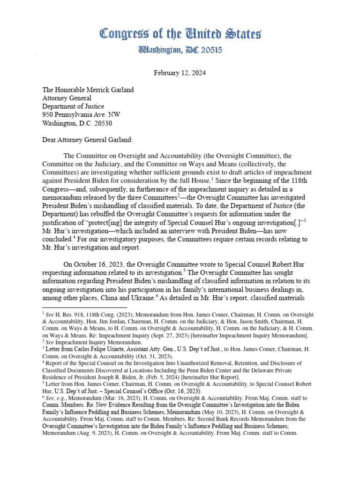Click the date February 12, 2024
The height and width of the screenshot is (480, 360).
(x=180, y=74)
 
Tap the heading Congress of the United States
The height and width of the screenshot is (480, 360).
(x=180, y=34)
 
